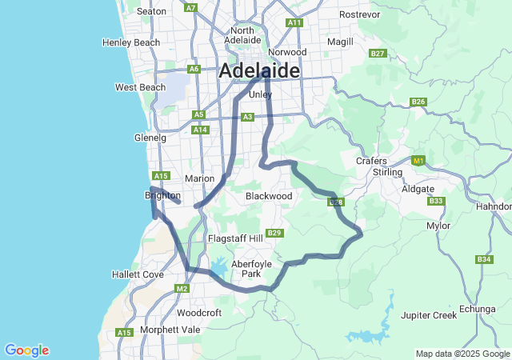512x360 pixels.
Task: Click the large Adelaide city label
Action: [260, 70]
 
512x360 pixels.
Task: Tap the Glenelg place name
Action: [150, 138]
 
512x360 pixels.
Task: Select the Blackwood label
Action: [269, 195]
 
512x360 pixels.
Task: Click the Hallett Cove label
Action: [138, 274]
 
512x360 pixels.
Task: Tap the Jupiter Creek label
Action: [429, 315]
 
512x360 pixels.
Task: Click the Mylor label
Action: [438, 226]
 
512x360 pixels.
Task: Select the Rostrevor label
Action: [360, 14]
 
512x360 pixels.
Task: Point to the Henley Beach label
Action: [131, 42]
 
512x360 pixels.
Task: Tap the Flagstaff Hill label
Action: [235, 238]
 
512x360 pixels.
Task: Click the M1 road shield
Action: [417, 161]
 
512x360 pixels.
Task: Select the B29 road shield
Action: [274, 233]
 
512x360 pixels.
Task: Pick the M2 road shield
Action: [182, 288]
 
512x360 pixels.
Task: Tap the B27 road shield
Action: [378, 53]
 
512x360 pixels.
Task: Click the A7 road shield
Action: [190, 7]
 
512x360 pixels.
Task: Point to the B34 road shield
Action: [484, 259]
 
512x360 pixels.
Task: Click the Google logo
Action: [26, 350]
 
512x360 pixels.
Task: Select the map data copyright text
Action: [462, 354]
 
